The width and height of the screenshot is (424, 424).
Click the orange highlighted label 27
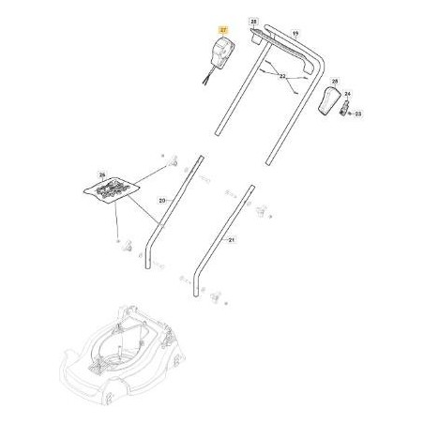click(x=222, y=31)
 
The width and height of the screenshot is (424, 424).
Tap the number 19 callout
click(x=295, y=34)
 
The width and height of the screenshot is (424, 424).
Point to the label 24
click(x=348, y=95)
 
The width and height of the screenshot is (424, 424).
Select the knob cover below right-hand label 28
click(x=330, y=101)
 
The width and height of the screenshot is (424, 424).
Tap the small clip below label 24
click(x=344, y=109)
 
